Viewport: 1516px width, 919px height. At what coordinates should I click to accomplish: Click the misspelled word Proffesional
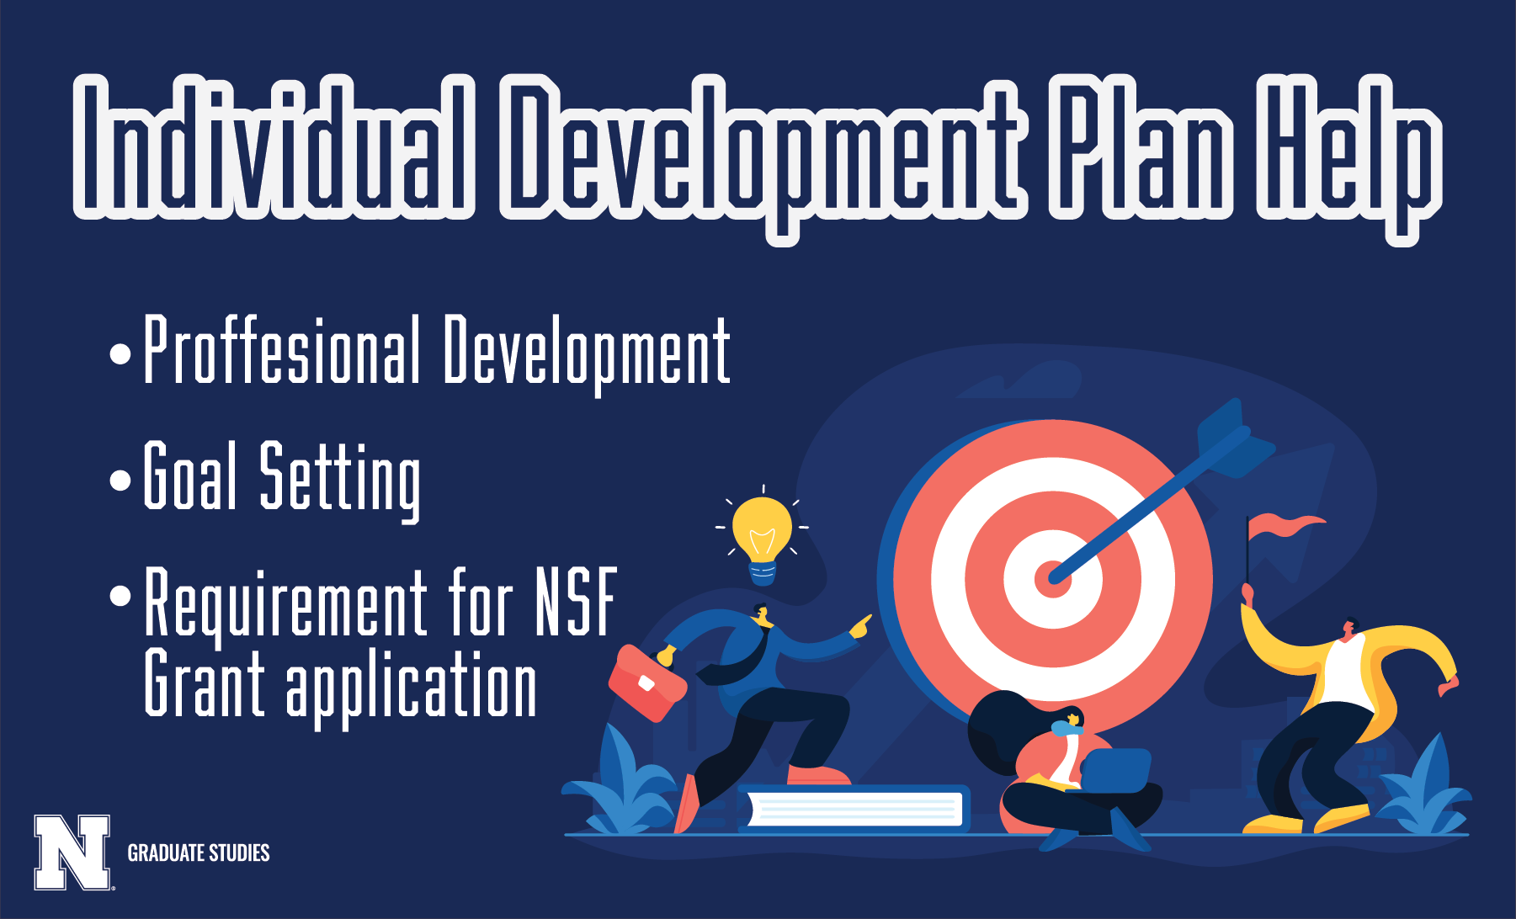tap(282, 349)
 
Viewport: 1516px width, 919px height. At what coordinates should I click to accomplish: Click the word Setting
tap(340, 481)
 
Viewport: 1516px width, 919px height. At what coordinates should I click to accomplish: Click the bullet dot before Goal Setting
tap(121, 481)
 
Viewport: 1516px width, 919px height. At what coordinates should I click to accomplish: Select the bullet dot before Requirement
tap(121, 596)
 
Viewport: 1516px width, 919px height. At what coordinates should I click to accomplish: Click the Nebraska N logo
tap(72, 852)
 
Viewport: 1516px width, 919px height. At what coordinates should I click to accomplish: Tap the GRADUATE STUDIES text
tap(199, 853)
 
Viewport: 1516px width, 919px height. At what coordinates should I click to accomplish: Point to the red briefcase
tap(647, 683)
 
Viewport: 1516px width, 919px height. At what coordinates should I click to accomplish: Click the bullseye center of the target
tap(1052, 579)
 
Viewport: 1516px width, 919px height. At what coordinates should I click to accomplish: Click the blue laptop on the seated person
tap(1115, 770)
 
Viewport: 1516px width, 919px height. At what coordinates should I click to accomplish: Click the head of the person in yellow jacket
tap(1349, 628)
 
